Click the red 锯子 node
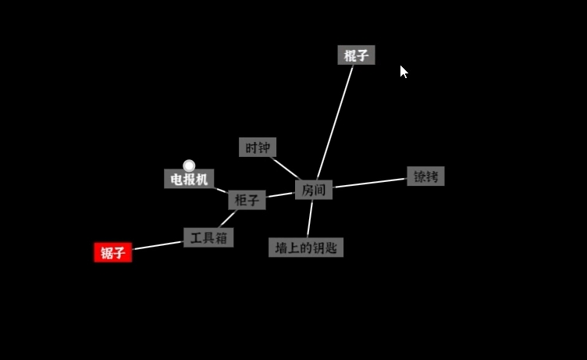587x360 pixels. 112,252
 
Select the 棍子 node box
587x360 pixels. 356,55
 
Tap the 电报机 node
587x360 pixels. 189,179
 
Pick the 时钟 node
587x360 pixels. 258,148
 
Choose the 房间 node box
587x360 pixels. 314,190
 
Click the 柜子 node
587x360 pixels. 247,200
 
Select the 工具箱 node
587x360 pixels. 208,237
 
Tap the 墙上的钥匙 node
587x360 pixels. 306,248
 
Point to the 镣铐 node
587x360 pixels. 425,176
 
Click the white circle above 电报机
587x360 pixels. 189,166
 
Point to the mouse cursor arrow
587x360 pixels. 404,72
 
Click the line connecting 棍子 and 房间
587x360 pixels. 335,123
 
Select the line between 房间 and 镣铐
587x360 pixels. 370,183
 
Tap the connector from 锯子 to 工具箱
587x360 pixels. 158,245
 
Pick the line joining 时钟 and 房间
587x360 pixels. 286,168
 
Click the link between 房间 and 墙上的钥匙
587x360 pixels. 310,219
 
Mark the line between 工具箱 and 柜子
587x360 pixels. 227,219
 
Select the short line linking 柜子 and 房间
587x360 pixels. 280,194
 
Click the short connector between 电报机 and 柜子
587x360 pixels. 221,191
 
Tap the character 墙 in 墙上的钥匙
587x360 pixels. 281,248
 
